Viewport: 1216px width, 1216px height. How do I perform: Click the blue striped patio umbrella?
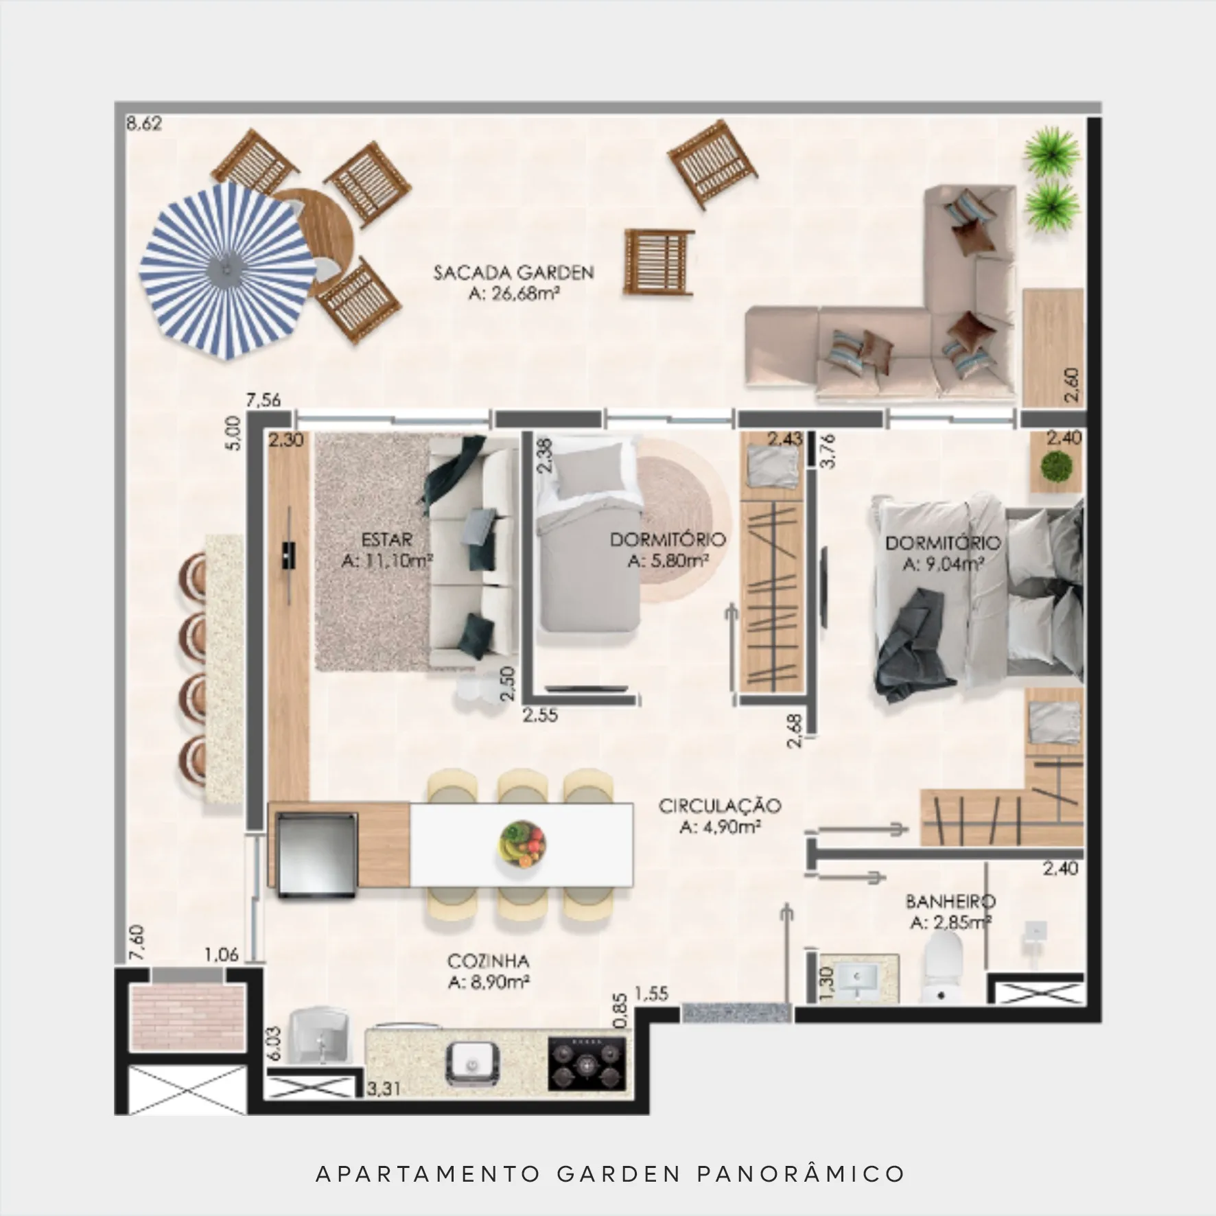[x=226, y=270]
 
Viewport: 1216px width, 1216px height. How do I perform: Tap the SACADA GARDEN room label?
[x=513, y=272]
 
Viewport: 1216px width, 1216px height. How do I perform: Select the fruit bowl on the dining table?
[x=522, y=843]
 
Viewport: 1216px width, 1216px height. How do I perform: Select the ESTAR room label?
[x=386, y=539]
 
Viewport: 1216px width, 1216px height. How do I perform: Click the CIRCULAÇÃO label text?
[x=720, y=806]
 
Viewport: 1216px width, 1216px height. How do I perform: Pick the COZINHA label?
[x=488, y=961]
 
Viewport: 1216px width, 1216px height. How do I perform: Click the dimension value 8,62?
[x=144, y=124]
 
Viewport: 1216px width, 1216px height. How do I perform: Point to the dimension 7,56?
[x=264, y=400]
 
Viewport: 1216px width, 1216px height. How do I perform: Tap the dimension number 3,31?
[x=384, y=1108]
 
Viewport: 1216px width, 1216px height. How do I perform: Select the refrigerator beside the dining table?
[x=316, y=854]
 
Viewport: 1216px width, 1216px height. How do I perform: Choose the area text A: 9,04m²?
[x=944, y=564]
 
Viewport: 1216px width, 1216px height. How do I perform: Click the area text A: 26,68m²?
[x=513, y=294]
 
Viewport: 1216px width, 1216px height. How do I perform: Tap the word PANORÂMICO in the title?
[x=801, y=1173]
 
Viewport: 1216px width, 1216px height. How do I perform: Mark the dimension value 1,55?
[x=651, y=993]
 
